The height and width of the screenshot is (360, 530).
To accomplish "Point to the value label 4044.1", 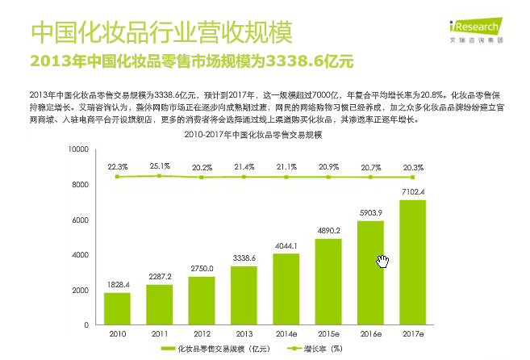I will click(x=286, y=245).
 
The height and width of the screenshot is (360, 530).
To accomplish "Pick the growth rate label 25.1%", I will click(x=160, y=166).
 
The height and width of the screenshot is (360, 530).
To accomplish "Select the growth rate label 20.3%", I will click(x=412, y=167).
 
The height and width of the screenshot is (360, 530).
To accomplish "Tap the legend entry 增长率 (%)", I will click(x=318, y=349).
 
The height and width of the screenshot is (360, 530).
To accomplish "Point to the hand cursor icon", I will click(x=383, y=261).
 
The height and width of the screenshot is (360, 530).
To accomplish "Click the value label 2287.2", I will click(x=160, y=276).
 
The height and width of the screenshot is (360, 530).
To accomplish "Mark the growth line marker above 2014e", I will click(x=286, y=177).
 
